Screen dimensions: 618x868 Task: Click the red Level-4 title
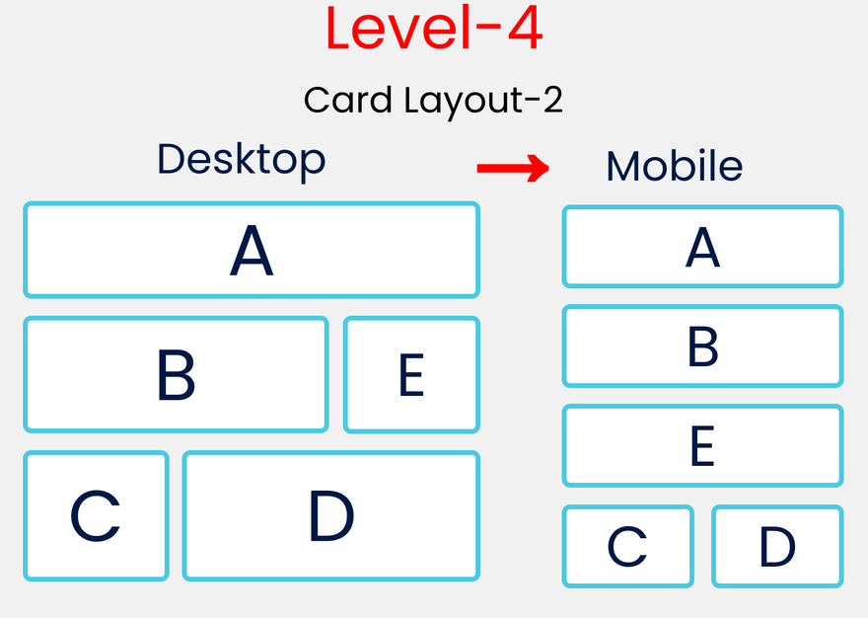coord(434,30)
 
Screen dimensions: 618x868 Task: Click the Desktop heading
coord(241,160)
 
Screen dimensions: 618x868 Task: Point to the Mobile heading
coord(674,166)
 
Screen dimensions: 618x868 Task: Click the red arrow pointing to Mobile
coord(512,169)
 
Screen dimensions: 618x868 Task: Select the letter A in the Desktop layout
coord(252,252)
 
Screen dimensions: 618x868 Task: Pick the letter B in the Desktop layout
coord(176,375)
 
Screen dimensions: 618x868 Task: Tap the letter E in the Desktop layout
coord(411,375)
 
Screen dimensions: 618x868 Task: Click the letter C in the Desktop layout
coord(96,516)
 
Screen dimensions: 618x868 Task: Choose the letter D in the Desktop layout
coord(330,516)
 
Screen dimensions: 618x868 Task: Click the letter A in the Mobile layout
coord(702,248)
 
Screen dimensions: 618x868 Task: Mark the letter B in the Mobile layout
coord(702,348)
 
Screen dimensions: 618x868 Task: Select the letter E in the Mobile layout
coord(702,446)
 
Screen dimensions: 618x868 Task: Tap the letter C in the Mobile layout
coord(627,547)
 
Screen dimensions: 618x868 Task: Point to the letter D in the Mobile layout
coord(777,547)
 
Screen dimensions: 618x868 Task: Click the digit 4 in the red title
coord(523,30)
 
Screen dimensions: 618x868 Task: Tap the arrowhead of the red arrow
coord(538,169)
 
